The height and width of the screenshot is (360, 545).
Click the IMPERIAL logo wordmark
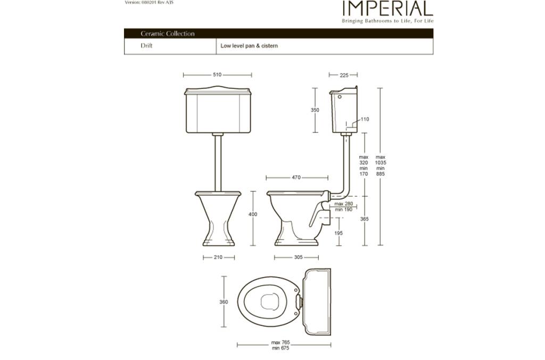click(387, 9)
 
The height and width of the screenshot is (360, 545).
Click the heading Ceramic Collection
click(168, 34)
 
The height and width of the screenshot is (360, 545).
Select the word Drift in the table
click(146, 46)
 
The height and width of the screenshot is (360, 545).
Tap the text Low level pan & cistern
click(249, 46)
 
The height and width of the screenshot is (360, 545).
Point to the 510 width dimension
click(217, 74)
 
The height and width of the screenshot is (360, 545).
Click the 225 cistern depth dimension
click(344, 75)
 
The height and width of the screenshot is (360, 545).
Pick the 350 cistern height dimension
click(315, 110)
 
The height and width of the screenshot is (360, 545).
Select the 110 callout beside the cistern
click(365, 119)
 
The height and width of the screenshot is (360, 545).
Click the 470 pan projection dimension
click(296, 178)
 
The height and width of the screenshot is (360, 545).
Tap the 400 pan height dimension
click(253, 214)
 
